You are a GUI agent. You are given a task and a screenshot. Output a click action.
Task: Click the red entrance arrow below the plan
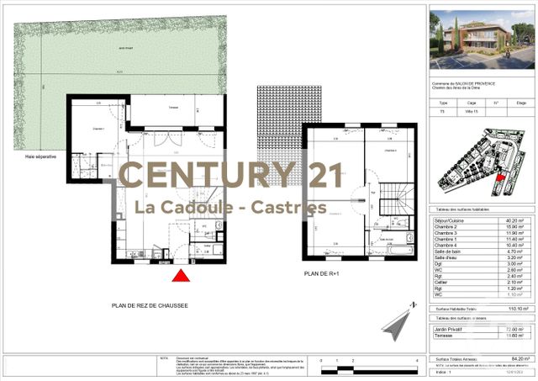[x=181, y=276]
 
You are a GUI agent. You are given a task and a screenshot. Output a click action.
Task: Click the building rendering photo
[x=481, y=39]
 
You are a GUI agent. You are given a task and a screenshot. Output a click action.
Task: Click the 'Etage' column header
[x=520, y=103]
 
